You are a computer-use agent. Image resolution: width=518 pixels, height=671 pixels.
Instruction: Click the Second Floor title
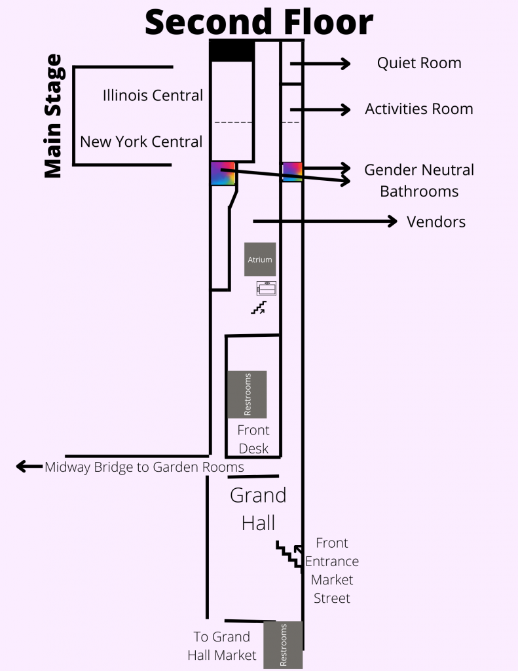tap(259, 22)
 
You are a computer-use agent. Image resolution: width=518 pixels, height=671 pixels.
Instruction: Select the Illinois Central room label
tap(153, 96)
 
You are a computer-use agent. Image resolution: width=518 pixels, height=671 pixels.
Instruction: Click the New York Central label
tap(141, 142)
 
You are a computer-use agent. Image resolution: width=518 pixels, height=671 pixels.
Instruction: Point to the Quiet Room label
tap(419, 63)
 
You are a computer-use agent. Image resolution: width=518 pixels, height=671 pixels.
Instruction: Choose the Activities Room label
tap(419, 109)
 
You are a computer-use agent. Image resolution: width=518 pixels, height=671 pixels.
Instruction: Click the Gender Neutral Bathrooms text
tap(419, 180)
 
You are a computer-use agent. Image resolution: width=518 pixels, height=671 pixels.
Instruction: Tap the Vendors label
tap(436, 221)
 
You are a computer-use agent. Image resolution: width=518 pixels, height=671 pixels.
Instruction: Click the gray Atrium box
tap(259, 259)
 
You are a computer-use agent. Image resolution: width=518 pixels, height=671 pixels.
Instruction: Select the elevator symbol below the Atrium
tap(267, 288)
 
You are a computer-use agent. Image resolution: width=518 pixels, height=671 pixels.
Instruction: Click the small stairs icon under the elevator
tap(259, 307)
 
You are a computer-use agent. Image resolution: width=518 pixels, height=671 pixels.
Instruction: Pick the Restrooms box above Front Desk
tap(247, 394)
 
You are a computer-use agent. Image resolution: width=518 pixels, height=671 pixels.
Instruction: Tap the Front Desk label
tap(253, 439)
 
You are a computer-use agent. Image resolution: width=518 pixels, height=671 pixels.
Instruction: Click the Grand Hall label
tap(258, 508)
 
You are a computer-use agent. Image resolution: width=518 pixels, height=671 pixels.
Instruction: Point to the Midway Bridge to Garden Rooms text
tap(144, 467)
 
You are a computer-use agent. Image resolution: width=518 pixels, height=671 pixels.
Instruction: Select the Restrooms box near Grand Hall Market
tap(283, 645)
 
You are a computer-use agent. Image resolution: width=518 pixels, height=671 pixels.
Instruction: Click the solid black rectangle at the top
tap(232, 50)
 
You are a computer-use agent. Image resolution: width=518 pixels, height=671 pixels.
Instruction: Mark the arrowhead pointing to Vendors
tap(392, 221)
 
